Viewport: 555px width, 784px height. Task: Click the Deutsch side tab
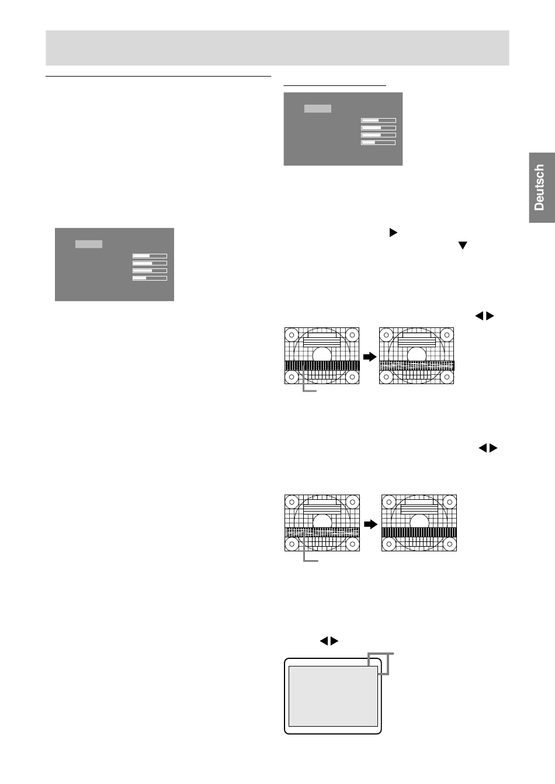(x=542, y=187)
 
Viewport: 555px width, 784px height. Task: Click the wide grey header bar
(x=277, y=48)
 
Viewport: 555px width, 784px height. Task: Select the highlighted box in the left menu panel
(x=89, y=244)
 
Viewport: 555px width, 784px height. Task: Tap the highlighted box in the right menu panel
(x=318, y=108)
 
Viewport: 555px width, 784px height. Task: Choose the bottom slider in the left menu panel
(x=150, y=278)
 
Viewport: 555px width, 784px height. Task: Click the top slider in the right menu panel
(x=379, y=120)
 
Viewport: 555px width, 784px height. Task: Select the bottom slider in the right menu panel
(x=379, y=142)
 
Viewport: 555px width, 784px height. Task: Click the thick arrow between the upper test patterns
(x=369, y=356)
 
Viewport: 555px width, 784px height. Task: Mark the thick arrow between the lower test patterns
(x=370, y=524)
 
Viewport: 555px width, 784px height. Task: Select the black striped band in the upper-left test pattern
(x=322, y=365)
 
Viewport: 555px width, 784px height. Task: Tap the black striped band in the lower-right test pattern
(x=418, y=532)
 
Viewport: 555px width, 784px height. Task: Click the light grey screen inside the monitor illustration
(x=332, y=696)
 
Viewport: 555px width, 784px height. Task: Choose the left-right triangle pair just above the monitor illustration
(x=329, y=641)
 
